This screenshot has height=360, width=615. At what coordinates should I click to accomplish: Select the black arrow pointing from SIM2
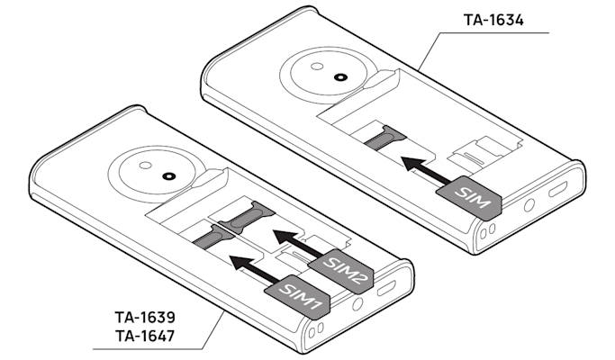click(296, 241)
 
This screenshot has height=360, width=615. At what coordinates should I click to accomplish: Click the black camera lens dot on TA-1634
click(339, 77)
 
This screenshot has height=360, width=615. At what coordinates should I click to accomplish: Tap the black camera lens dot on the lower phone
click(168, 176)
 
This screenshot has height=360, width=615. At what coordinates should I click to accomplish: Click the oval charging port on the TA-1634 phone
click(557, 191)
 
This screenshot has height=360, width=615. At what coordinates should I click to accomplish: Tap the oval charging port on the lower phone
click(389, 289)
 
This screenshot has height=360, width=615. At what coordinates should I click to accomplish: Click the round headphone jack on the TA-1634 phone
click(528, 205)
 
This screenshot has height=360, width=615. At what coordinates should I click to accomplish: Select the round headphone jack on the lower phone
click(357, 305)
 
